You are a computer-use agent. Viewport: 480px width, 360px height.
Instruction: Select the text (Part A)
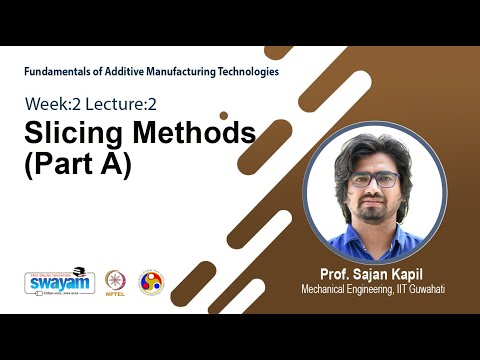(77, 164)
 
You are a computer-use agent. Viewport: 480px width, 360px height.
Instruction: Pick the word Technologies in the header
(241, 72)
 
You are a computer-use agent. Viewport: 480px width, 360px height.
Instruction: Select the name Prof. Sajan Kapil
(371, 273)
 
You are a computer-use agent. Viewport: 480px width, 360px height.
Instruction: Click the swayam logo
(60, 282)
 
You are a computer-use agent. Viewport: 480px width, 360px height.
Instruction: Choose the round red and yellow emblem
(150, 282)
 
